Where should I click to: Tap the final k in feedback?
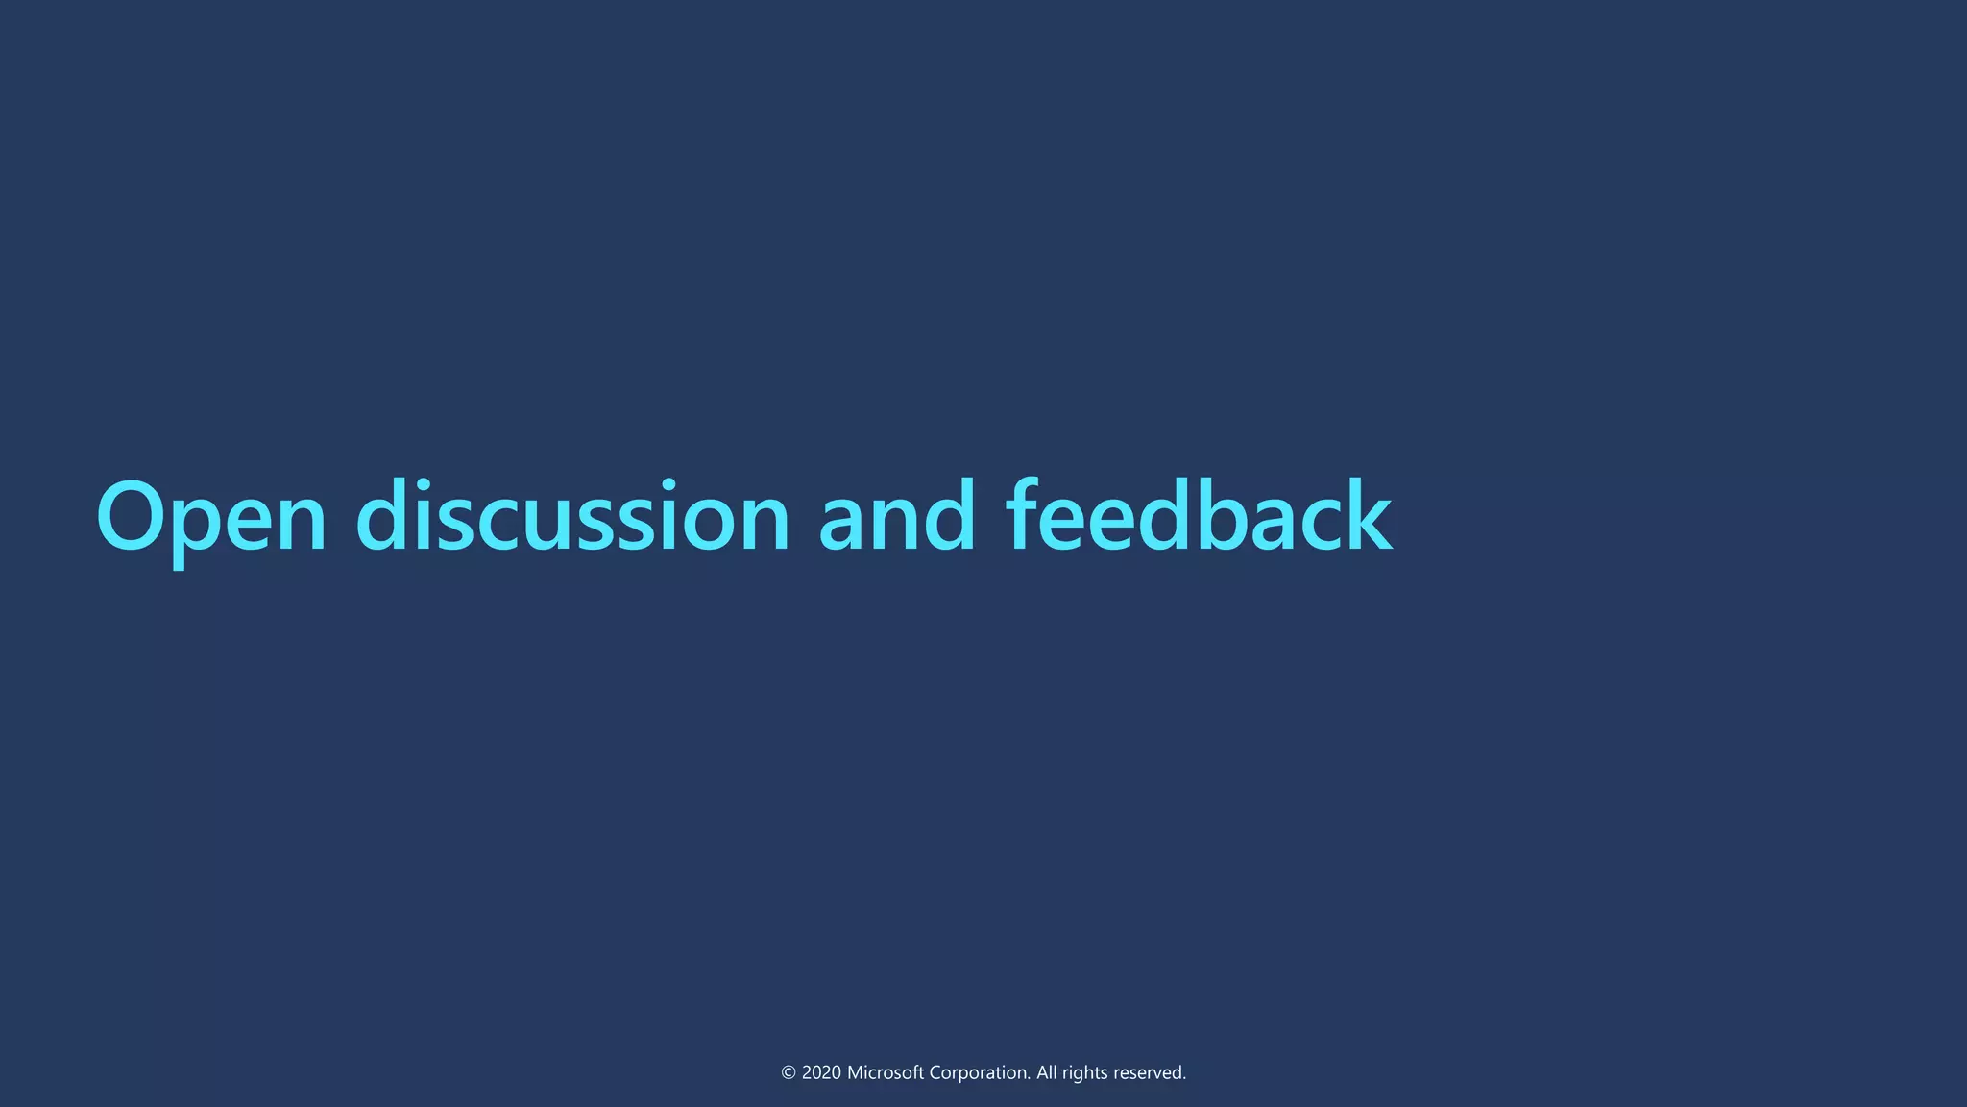(1365, 517)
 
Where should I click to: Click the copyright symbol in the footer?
(789, 1073)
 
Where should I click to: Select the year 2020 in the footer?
(821, 1073)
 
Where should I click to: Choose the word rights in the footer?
(1084, 1073)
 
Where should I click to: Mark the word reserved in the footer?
(1148, 1073)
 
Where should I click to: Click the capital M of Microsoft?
(855, 1073)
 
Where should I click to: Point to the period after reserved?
(1184, 1079)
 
